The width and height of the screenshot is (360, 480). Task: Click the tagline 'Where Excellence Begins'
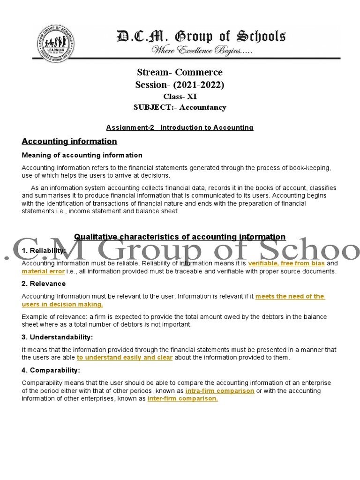tap(201, 51)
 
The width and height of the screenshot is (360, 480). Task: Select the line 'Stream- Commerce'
tap(180, 73)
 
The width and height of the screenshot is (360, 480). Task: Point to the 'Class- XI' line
tap(180, 97)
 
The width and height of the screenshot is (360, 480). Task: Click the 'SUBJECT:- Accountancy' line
tap(180, 107)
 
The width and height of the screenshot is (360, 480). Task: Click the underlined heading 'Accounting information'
tap(69, 141)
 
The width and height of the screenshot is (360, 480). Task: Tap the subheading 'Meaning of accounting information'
tap(82, 155)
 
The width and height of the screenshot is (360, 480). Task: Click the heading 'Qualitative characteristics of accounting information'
tap(180, 237)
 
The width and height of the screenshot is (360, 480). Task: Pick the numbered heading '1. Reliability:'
tap(44, 251)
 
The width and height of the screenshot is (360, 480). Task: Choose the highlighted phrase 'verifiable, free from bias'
tap(286, 263)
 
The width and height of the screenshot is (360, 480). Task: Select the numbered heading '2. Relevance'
tap(44, 284)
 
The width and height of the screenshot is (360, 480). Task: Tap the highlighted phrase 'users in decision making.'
tap(62, 304)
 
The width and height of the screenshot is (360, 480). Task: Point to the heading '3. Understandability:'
tap(57, 337)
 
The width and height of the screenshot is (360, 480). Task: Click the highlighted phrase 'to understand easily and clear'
tap(125, 358)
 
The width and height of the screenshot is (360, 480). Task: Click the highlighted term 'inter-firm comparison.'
tap(183, 398)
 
